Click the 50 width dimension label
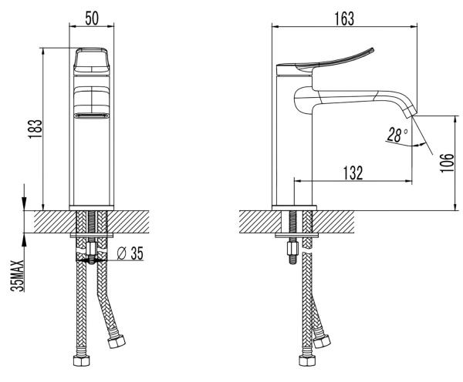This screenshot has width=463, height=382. click(x=92, y=18)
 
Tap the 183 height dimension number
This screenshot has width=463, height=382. click(x=35, y=129)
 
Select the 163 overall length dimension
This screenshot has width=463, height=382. click(x=344, y=18)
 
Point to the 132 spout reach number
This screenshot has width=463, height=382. click(x=353, y=173)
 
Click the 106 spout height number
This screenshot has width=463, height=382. click(x=447, y=163)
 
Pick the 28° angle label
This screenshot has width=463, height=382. click(x=397, y=135)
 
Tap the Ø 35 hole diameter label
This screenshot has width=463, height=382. click(x=130, y=253)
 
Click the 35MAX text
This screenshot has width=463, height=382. click(x=17, y=276)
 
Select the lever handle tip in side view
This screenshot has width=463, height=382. click(x=373, y=49)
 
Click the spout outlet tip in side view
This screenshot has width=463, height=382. click(x=411, y=113)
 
